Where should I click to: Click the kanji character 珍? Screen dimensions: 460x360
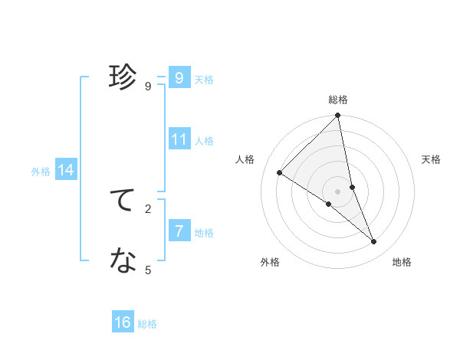click(x=123, y=77)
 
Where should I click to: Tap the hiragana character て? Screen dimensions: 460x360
click(x=123, y=200)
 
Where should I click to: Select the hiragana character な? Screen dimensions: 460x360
click(x=123, y=261)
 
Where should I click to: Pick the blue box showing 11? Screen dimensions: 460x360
click(x=179, y=139)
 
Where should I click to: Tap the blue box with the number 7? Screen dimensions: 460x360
click(x=179, y=231)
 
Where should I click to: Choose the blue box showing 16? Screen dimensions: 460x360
click(x=123, y=322)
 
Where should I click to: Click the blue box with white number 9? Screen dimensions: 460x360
click(x=179, y=78)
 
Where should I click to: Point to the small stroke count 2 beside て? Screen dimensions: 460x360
click(x=148, y=208)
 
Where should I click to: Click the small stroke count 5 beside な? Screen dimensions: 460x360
click(x=148, y=270)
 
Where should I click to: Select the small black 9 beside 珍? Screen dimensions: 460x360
click(x=148, y=86)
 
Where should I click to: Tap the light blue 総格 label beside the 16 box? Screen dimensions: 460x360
click(x=147, y=324)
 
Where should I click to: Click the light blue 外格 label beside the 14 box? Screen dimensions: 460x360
click(x=41, y=172)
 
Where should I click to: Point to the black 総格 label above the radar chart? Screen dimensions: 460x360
click(x=338, y=100)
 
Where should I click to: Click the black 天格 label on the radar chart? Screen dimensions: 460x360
click(x=432, y=159)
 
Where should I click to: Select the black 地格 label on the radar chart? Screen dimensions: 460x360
click(x=402, y=262)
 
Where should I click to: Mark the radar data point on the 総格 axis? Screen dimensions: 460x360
click(x=338, y=116)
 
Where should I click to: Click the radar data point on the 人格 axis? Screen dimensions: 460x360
click(x=280, y=173)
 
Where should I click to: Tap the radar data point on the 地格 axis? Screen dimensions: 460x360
click(x=374, y=242)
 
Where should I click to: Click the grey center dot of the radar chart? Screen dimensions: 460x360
click(x=338, y=191)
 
